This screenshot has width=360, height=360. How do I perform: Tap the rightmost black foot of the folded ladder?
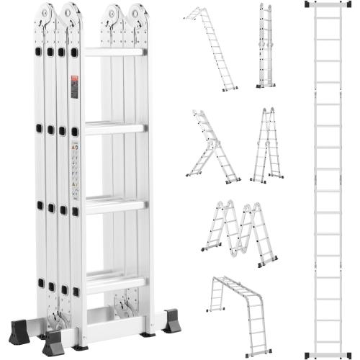[172, 321]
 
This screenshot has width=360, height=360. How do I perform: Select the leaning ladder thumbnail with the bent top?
[210, 49]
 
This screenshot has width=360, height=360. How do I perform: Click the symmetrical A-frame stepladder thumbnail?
[267, 145]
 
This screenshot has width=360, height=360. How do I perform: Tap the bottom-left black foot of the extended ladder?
[309, 354]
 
